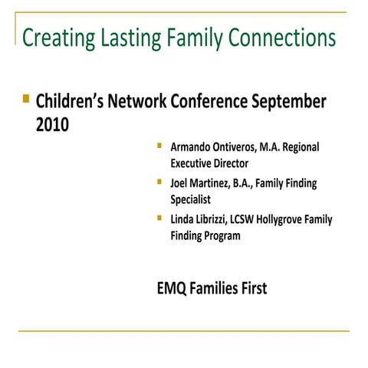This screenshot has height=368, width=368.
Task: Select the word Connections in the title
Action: point(283,38)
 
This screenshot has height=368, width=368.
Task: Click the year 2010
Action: point(52,123)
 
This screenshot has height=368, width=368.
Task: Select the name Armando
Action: point(194,146)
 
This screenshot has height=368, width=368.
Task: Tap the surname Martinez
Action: point(218,183)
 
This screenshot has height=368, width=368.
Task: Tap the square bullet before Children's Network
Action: point(27,99)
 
